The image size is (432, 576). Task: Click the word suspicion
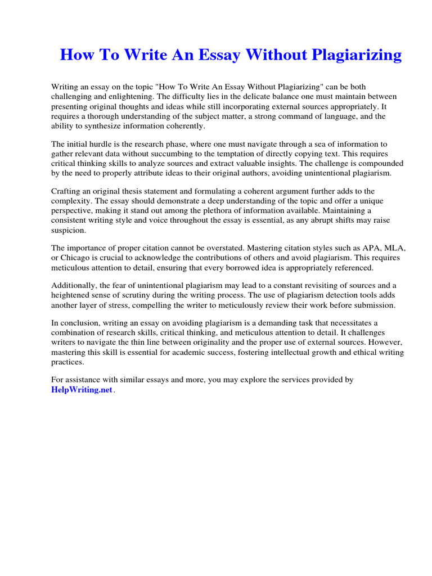(x=70, y=230)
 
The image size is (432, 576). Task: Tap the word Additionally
(x=74, y=286)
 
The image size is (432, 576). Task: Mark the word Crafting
(x=67, y=192)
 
